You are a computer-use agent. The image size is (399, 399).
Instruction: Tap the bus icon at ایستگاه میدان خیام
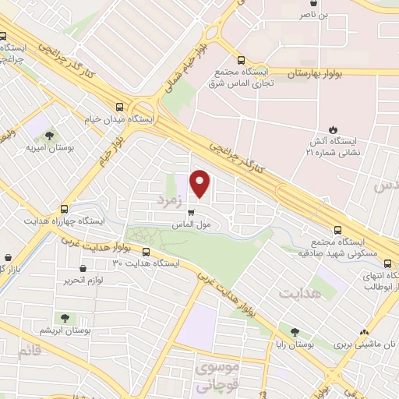pyautogui.click(x=119, y=108)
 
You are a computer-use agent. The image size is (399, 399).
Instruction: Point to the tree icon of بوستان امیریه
pyautogui.click(x=50, y=135)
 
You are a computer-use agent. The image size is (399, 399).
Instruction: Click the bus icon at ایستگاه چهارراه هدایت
pyautogui.click(x=64, y=209)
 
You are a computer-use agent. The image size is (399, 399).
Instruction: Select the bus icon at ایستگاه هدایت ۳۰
pyautogui.click(x=147, y=251)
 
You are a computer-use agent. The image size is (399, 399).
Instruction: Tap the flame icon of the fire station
pyautogui.click(x=334, y=129)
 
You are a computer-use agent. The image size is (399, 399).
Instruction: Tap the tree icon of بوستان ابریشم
pyautogui.click(x=65, y=318)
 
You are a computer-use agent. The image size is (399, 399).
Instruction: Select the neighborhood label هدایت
pyautogui.click(x=298, y=292)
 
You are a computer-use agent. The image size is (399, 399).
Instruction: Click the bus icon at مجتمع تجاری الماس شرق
pyautogui.click(x=241, y=60)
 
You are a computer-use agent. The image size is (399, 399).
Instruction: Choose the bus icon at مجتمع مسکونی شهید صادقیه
pyautogui.click(x=337, y=230)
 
